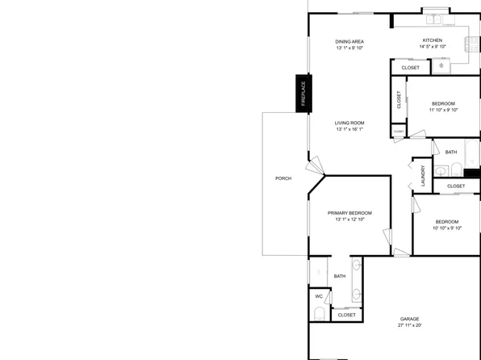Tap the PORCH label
(282, 178)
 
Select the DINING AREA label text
(350, 41)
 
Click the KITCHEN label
(433, 40)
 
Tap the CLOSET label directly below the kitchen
(410, 68)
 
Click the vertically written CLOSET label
(399, 100)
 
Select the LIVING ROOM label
(350, 123)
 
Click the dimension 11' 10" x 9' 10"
(443, 111)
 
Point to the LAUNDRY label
(422, 175)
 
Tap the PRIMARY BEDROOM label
(349, 212)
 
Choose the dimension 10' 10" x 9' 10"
(446, 228)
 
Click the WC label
(318, 296)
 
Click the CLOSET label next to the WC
(346, 315)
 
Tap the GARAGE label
(409, 319)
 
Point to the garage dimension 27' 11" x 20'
(409, 326)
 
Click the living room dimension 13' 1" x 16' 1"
(350, 130)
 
